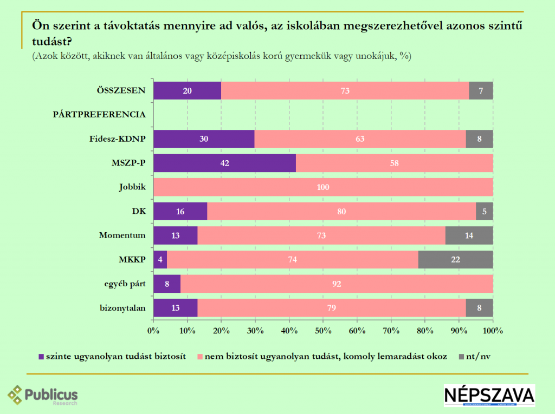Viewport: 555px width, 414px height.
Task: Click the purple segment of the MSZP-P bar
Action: coord(224,162)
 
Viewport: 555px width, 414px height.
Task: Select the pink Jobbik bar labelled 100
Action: coord(323,187)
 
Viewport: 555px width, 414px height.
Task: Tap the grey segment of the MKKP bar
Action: coord(456,259)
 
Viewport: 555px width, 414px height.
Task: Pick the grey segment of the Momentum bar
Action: coord(469,235)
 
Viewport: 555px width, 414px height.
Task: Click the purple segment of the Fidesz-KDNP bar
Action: coord(204,139)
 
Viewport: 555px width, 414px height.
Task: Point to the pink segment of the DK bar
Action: coord(341,212)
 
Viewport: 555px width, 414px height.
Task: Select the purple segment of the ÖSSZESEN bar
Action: coord(187,90)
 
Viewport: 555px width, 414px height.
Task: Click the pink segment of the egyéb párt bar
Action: coord(337,284)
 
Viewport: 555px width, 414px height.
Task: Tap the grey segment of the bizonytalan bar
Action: coord(479,308)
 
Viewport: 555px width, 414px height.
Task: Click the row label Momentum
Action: coord(122,235)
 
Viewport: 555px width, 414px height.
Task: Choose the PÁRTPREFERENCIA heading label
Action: coord(99,115)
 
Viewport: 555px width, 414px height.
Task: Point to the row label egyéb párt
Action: coord(125,284)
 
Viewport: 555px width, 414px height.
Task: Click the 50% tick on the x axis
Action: coord(323,330)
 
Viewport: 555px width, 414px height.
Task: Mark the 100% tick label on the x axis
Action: coord(493,330)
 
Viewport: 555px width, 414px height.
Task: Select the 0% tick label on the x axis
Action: coord(153,330)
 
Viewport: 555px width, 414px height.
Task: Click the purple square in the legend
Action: coord(41,357)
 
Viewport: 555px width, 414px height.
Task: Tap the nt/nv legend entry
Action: coord(477,357)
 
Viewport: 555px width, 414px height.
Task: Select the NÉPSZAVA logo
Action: coord(489,396)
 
